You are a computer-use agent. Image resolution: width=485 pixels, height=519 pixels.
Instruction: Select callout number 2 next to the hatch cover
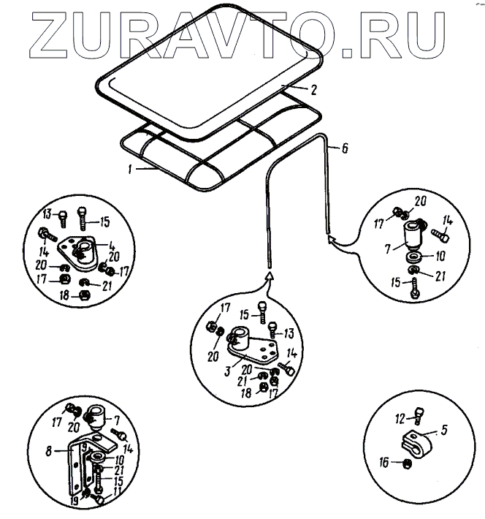pos(313,91)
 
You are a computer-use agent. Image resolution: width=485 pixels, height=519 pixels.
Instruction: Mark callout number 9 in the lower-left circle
pos(85,446)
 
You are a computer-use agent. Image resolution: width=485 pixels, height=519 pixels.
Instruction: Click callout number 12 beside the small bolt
pos(398,419)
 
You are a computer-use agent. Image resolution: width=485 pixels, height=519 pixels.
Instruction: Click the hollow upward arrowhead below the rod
pos(270,276)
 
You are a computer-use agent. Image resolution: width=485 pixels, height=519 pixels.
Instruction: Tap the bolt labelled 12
pos(419,416)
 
